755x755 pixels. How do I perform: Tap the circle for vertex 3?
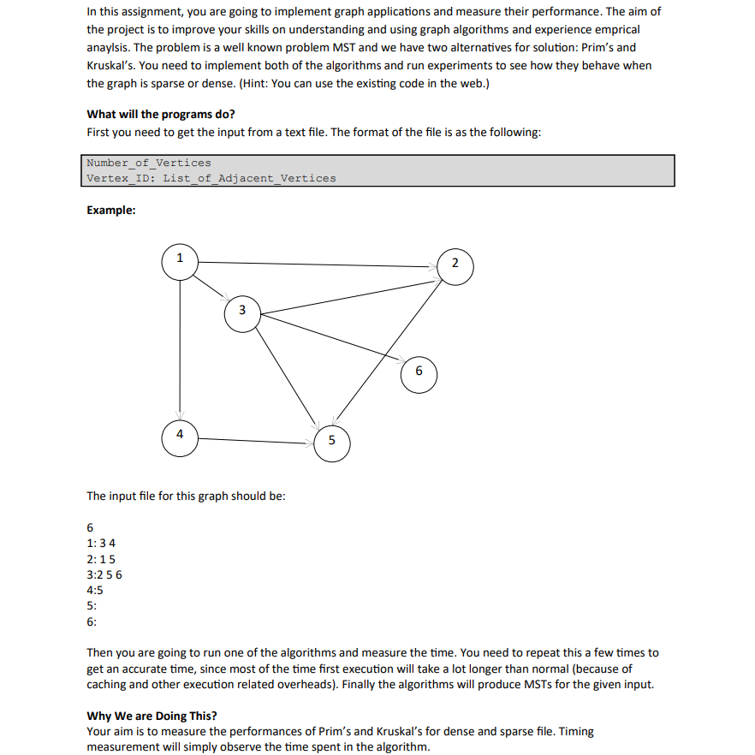point(242,311)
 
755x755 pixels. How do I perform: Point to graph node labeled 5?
point(332,443)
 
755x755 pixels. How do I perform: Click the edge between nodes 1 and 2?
point(317,264)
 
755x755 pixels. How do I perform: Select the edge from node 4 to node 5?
point(257,441)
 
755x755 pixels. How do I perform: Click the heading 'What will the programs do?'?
point(161,114)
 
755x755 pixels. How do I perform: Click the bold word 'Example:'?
point(111,211)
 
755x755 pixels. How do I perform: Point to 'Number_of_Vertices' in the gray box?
point(149,163)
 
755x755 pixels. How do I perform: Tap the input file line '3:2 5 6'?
point(104,574)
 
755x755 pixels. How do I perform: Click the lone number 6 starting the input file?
point(91,527)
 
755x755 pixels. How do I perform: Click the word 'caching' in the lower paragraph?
point(107,684)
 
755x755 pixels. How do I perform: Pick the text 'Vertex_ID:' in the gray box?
point(121,178)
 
